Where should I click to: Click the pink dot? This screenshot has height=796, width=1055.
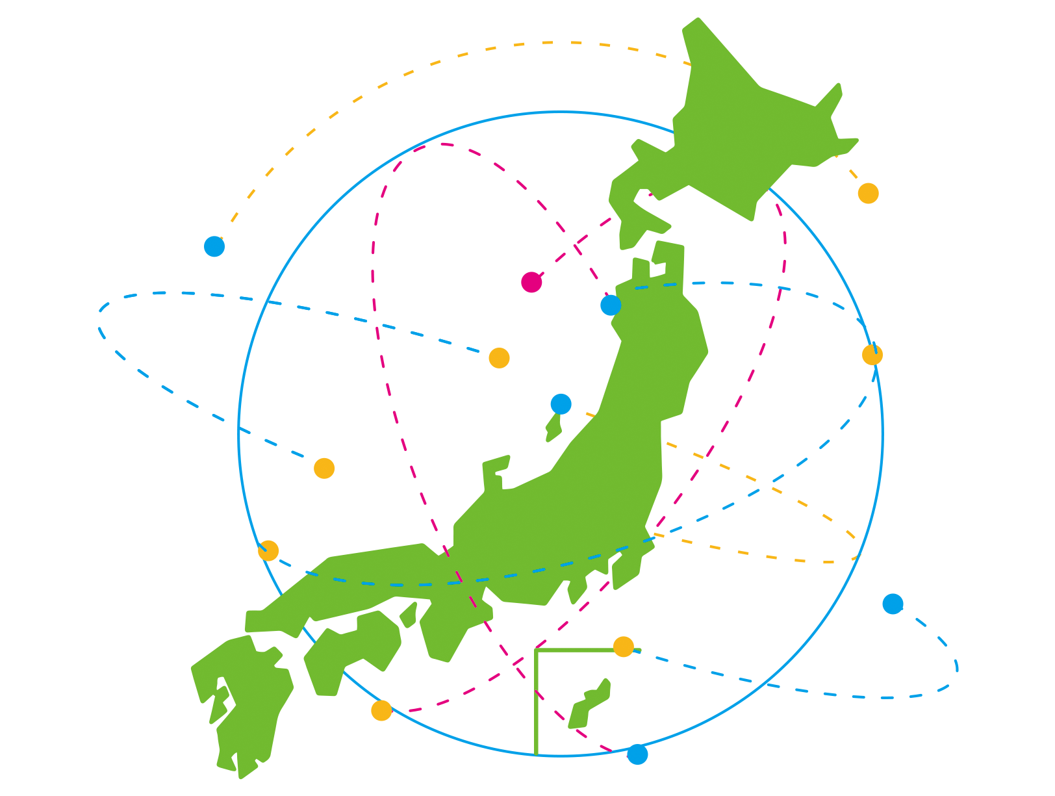point(531,282)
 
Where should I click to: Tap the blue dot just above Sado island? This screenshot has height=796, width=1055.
point(561,404)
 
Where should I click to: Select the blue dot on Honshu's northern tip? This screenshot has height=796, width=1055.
point(611,305)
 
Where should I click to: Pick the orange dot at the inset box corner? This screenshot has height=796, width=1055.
point(623,647)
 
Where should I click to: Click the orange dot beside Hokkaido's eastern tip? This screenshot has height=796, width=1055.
point(868,193)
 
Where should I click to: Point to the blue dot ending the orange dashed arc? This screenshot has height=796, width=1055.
point(214,246)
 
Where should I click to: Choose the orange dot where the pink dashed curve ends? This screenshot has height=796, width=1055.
point(381,710)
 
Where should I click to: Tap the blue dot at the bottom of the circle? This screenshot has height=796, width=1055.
point(637,754)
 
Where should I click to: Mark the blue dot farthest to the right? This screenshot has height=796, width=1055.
point(893,604)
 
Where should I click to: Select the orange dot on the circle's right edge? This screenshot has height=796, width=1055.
point(872,355)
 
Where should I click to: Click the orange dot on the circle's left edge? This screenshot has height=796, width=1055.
point(268,550)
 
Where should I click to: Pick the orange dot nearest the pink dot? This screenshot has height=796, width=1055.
point(499,357)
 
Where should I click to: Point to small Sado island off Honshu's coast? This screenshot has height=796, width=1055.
point(553,428)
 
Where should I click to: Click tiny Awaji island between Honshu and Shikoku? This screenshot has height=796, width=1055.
point(409,614)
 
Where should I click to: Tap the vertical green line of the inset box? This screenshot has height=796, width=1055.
point(537,702)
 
